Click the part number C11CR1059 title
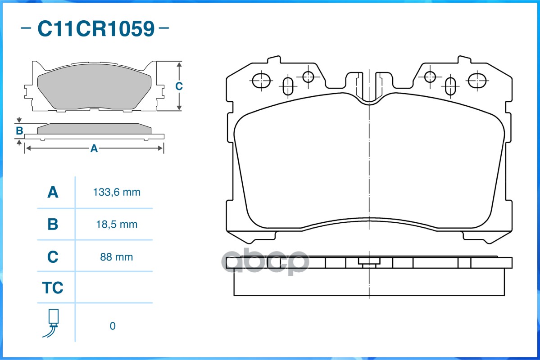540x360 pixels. coord(95,29)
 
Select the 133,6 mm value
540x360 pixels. coord(117,193)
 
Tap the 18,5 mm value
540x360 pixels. coord(117,224)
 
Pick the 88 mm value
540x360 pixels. coord(117,257)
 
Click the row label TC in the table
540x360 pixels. coord(53,288)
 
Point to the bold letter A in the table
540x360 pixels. coord(53,193)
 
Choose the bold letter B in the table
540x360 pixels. coord(53,224)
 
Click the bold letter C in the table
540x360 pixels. coord(53,257)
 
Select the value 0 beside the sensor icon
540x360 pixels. coord(113,326)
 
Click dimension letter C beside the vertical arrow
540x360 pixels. coord(178,86)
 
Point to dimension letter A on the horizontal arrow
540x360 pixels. coord(94,148)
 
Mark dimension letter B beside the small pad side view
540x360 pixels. coord(19,131)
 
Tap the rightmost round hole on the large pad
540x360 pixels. coord(477,81)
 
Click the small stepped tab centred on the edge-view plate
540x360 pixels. coord(369,262)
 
